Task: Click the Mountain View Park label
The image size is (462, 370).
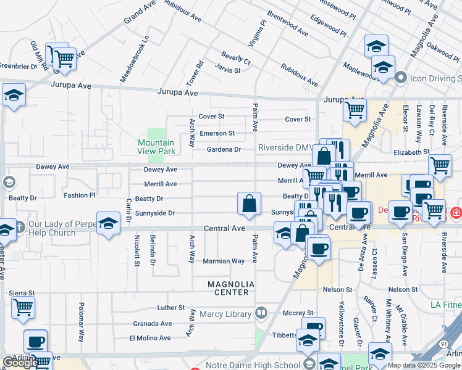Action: [x=156, y=147]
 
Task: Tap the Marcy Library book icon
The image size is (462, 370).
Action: [x=262, y=313]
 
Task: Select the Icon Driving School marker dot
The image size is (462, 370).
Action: [x=400, y=78]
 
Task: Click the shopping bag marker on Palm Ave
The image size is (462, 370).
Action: [x=248, y=204]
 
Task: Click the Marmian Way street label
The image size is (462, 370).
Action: [x=224, y=261]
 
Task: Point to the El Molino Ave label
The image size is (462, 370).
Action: [x=149, y=338]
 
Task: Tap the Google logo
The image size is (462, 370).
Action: [x=20, y=363]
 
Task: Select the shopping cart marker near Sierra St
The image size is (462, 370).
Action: [x=23, y=307]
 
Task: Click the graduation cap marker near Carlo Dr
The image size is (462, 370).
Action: [x=109, y=223]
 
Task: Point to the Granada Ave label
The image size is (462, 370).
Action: [x=153, y=323]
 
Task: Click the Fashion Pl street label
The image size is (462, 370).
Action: [x=80, y=195]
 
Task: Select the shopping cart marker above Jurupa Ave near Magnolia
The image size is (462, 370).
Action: [x=355, y=110]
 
